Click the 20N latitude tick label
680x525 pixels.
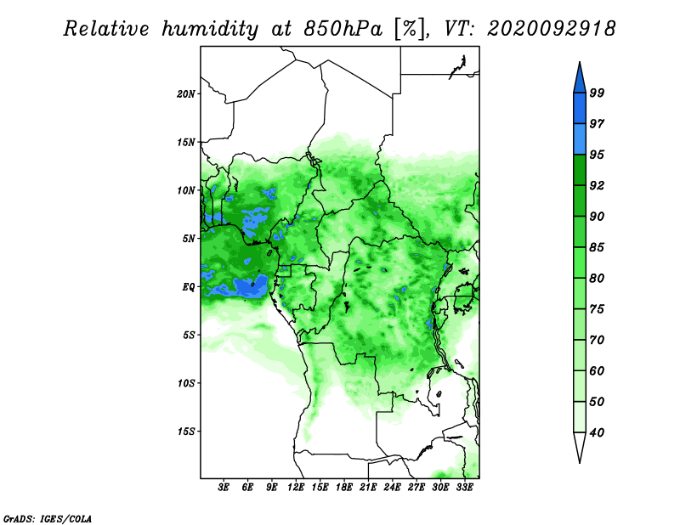click(x=186, y=94)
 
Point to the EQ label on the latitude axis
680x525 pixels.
click(x=189, y=287)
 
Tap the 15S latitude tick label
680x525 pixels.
click(x=186, y=432)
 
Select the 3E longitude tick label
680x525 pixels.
click(x=224, y=487)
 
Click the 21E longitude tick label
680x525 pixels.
click(x=368, y=487)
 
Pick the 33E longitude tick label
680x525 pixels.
click(x=464, y=487)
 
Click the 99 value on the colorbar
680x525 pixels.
click(x=597, y=93)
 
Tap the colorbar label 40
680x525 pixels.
click(x=597, y=432)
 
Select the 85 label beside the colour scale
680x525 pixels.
click(x=597, y=247)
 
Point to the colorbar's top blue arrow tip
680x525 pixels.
click(x=580, y=62)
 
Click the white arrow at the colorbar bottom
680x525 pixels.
click(x=580, y=448)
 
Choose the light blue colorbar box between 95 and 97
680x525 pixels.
click(x=580, y=139)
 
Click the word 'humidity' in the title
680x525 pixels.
click(x=210, y=29)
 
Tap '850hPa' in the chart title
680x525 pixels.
click(x=343, y=29)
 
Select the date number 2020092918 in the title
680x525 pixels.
click(x=551, y=29)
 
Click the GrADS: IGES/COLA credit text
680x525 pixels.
click(x=48, y=518)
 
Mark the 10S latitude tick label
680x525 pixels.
click(x=186, y=383)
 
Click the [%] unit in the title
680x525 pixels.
click(x=410, y=29)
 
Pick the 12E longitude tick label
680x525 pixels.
click(x=296, y=487)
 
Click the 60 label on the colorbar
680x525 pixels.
click(x=597, y=370)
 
